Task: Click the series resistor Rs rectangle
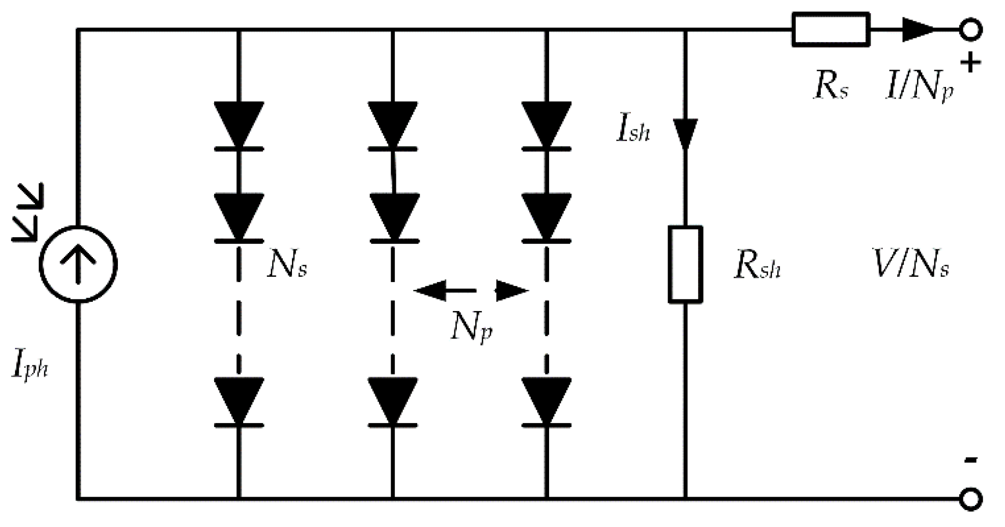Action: point(830,30)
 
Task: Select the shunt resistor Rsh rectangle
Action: point(685,264)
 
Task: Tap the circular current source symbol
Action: point(78,264)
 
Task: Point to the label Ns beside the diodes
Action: point(287,265)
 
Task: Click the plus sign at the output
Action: point(970,63)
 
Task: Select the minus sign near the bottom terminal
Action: point(970,460)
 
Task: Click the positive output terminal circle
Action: point(970,30)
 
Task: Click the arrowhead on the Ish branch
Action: point(685,133)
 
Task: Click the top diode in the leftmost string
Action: point(239,126)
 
